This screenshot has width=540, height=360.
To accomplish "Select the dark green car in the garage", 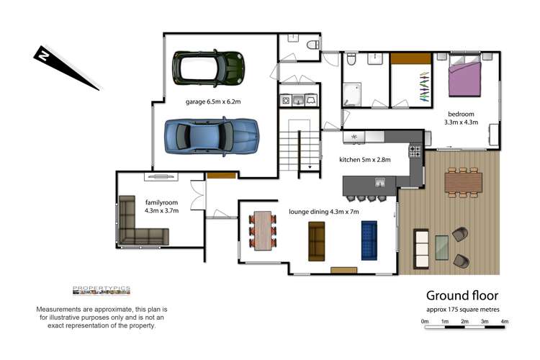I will pyautogui.click(x=210, y=67).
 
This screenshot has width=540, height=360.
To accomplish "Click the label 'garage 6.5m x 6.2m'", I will pyautogui.click(x=212, y=102).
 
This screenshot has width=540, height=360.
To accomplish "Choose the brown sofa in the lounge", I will pyautogui.click(x=317, y=240).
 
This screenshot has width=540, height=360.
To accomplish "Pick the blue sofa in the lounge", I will pyautogui.click(x=369, y=240).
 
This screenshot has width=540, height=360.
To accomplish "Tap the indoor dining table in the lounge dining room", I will pyautogui.click(x=263, y=231).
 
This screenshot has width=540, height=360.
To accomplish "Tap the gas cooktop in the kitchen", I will pyautogui.click(x=415, y=151).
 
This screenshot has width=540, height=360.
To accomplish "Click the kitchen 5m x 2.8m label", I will pyautogui.click(x=364, y=160).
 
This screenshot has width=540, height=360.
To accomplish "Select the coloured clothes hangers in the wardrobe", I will pyautogui.click(x=424, y=89).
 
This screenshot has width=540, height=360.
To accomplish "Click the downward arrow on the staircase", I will pyautogui.click(x=310, y=167).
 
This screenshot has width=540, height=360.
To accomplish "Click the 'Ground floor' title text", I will pyautogui.click(x=462, y=296).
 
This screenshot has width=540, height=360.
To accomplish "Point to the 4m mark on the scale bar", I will pyautogui.click(x=504, y=322).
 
